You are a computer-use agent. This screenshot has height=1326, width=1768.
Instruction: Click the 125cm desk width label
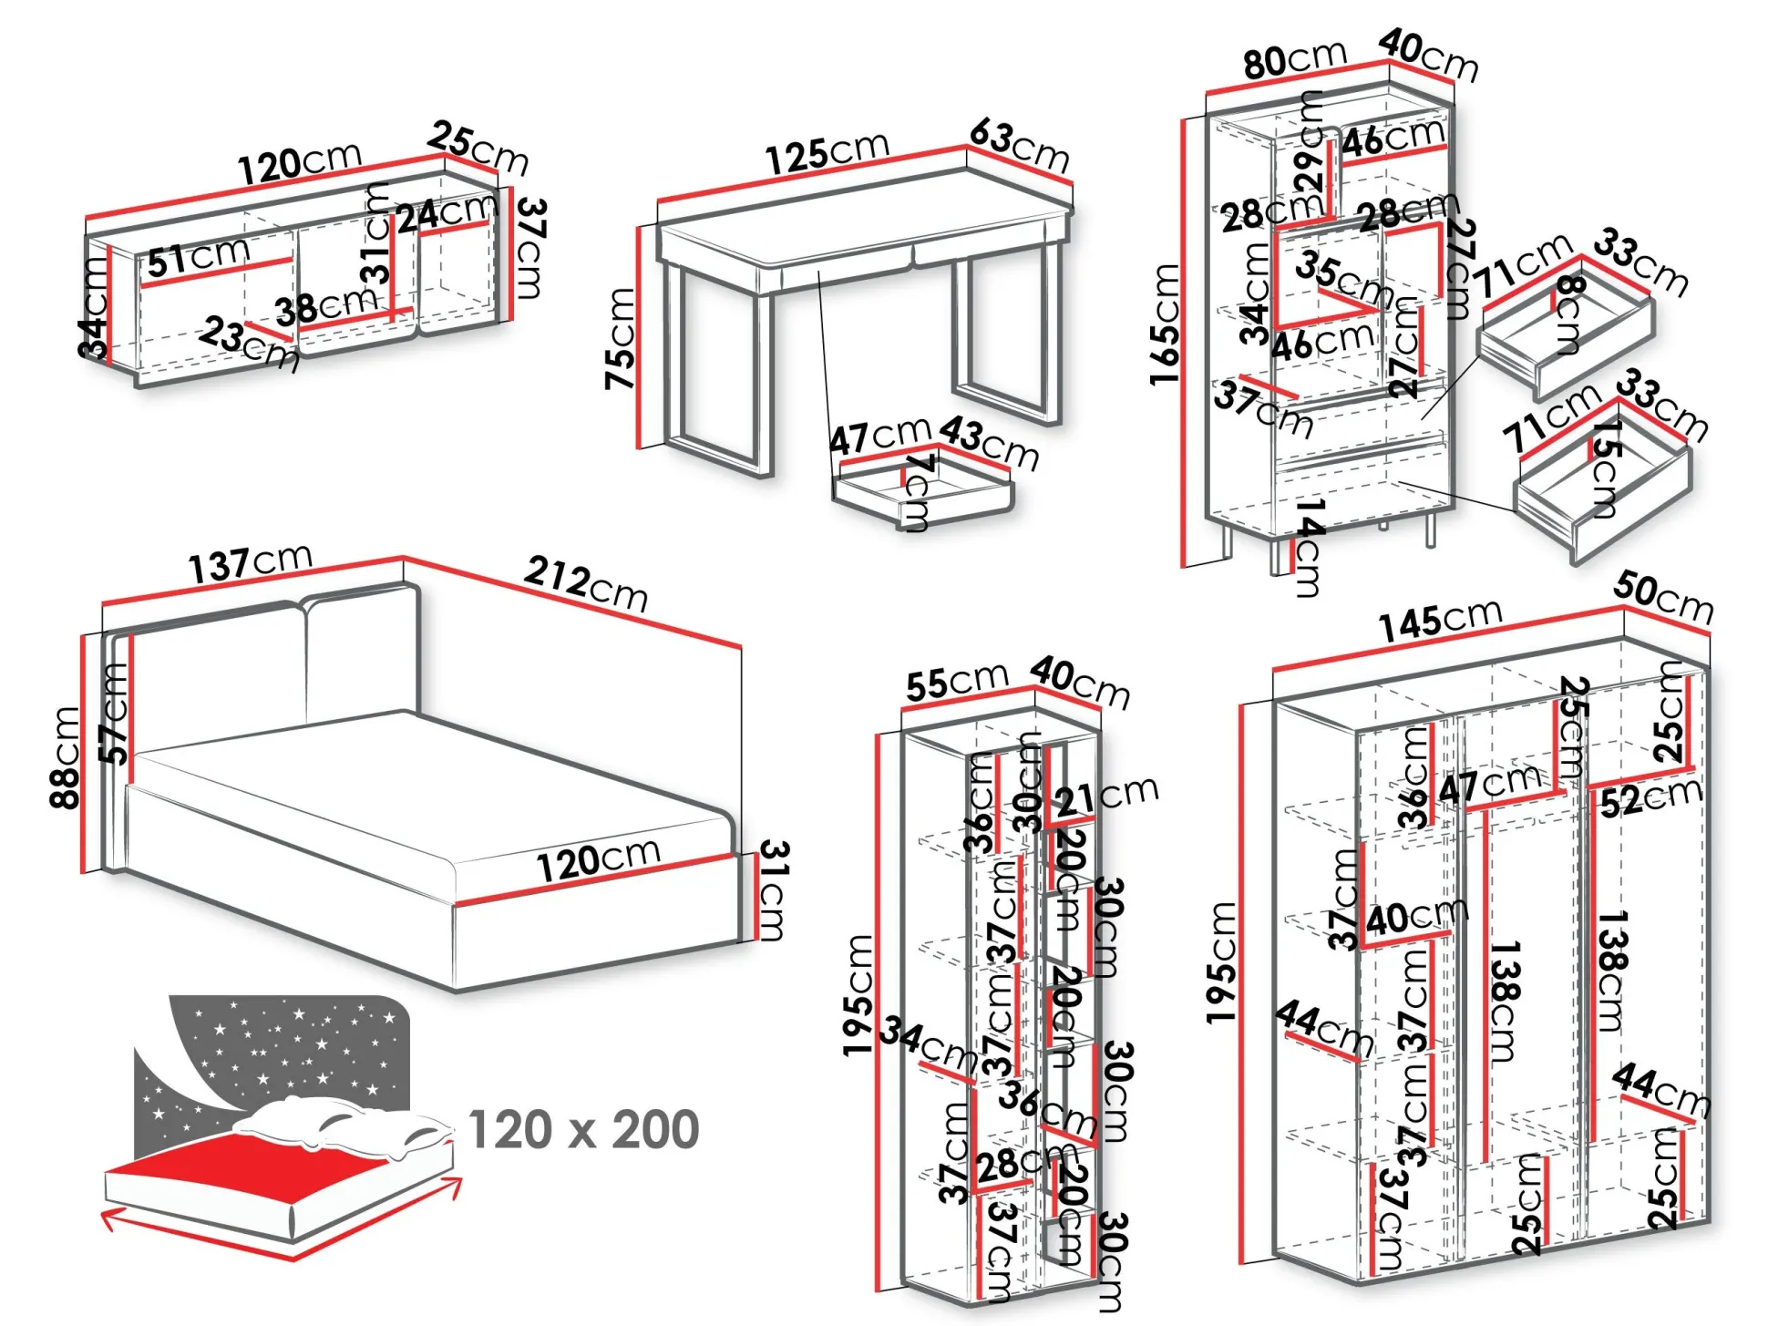pos(827,152)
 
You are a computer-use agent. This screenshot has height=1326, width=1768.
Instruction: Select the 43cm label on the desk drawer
pos(989,442)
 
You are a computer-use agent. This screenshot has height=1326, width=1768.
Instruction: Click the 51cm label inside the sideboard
pos(198,257)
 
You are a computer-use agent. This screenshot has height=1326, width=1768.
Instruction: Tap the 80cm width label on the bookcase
pos(1294,60)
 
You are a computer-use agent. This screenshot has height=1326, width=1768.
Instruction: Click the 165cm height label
pos(1166,324)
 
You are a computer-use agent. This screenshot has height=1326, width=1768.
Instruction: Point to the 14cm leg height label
pos(1309,547)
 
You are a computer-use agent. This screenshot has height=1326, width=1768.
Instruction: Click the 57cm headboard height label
pos(115,714)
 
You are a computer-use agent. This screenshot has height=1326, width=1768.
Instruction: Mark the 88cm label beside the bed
pos(67,757)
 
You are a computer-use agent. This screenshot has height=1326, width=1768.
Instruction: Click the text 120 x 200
pos(583,1130)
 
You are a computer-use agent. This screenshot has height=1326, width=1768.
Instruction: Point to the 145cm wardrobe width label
pos(1439,621)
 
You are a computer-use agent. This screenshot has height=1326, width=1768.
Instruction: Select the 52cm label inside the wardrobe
pos(1650,799)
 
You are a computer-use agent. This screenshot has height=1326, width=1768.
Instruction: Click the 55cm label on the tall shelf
pos(956,682)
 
